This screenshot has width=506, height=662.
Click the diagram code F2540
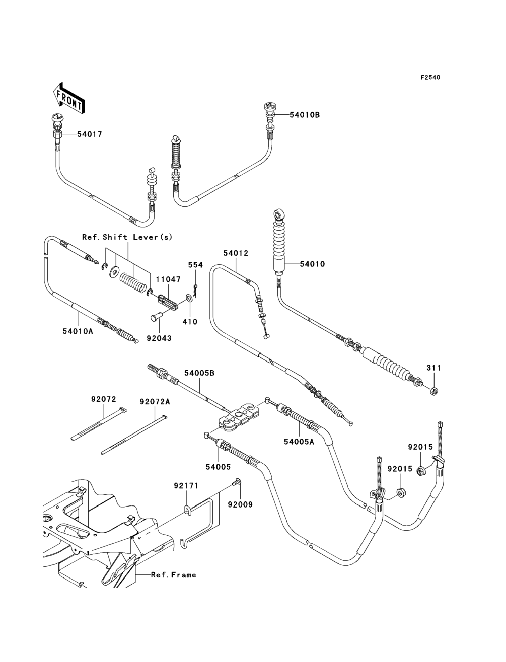430,78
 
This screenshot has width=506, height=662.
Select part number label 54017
90,134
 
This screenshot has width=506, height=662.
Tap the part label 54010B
305,115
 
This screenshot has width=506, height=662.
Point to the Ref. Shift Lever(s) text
127,237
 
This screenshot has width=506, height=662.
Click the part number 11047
168,279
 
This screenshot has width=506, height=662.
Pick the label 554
196,265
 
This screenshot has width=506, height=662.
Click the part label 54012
236,253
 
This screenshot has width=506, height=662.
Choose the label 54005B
199,373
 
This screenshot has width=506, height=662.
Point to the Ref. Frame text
174,575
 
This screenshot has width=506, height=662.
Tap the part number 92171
186,486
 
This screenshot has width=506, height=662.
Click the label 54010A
78,331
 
